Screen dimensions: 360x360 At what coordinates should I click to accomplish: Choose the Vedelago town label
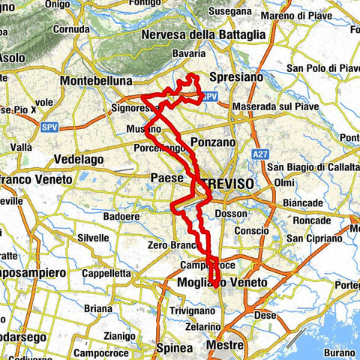(x=79, y=160)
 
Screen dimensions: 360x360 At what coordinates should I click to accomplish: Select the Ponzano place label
(x=213, y=142)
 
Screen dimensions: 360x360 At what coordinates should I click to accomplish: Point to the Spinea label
(x=175, y=347)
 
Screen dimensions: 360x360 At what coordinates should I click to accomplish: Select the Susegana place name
(x=232, y=11)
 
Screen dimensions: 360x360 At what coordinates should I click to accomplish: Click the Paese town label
(x=167, y=177)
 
